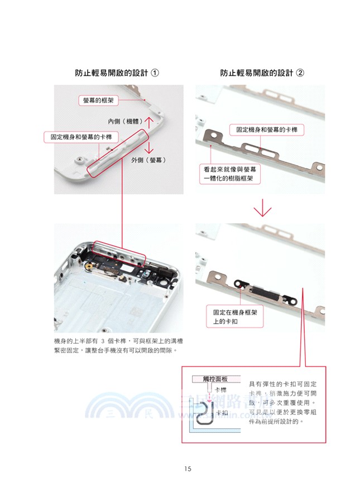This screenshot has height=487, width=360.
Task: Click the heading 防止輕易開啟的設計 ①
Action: [x=117, y=74]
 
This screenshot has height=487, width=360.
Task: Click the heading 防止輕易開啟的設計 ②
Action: [x=262, y=74]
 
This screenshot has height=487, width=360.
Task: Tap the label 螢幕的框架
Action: [x=98, y=100]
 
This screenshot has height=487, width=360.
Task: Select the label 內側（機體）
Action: [x=126, y=121]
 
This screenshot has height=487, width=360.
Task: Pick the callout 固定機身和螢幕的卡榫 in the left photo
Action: [x=79, y=137]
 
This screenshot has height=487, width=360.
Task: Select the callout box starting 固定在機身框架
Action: [x=232, y=317]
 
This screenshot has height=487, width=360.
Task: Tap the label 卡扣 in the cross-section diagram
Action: [x=222, y=413]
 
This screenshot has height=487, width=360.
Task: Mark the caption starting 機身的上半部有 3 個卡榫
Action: [x=119, y=345]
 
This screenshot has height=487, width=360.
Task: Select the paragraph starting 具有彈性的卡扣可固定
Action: [x=283, y=403]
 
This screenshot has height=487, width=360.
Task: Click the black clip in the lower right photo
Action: [x=242, y=283]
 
